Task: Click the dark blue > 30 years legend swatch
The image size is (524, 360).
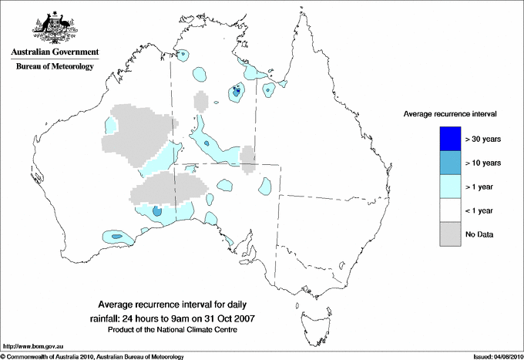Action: pyautogui.click(x=450, y=138)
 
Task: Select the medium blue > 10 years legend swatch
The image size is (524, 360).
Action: pyautogui.click(x=450, y=162)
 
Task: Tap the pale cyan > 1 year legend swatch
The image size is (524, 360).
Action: pyautogui.click(x=450, y=186)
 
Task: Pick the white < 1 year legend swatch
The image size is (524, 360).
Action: pyautogui.click(x=450, y=210)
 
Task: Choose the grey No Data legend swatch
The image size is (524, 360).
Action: pyautogui.click(x=450, y=234)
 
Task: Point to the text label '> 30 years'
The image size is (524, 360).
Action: pyautogui.click(x=483, y=139)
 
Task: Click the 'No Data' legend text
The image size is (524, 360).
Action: pyautogui.click(x=479, y=234)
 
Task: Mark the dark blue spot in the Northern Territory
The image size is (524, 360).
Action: pyautogui.click(x=237, y=93)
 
